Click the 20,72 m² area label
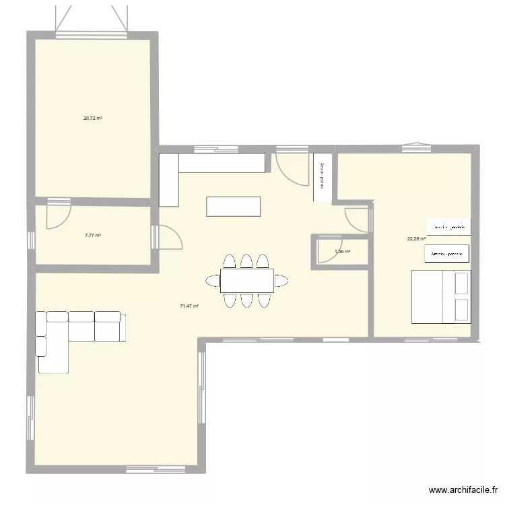pos(92,118)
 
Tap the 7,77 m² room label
pos(92,236)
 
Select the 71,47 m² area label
pos(189,306)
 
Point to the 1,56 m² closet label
pos(342,252)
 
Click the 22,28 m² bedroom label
pos(416,238)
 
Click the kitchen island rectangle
pos(233,207)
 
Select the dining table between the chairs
pos(246,280)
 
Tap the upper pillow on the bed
pos(461,283)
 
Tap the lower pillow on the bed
pos(461,309)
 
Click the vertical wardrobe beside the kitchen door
pos(323,176)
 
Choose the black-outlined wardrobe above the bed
pos(446,253)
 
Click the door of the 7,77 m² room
pos(57,216)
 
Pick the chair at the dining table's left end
pos(213,280)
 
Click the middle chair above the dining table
pos(246,261)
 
